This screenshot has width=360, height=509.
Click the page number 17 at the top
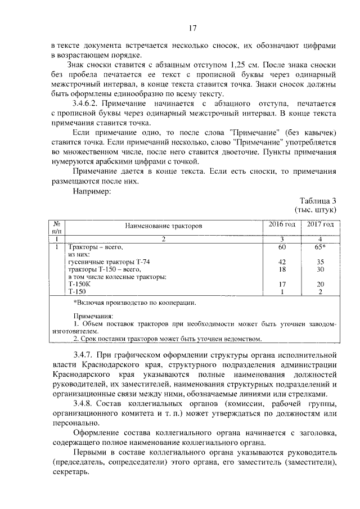tap(192, 28)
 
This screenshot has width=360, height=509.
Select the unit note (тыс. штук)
tap(316, 210)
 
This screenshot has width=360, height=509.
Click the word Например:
tap(93, 191)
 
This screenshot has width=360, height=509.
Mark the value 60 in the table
tap(282, 247)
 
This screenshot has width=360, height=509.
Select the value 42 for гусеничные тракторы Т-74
tap(282, 262)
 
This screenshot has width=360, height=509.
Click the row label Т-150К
tap(78, 284)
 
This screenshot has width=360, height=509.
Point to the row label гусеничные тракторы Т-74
tap(109, 262)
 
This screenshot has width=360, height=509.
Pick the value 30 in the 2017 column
tap(320, 269)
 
